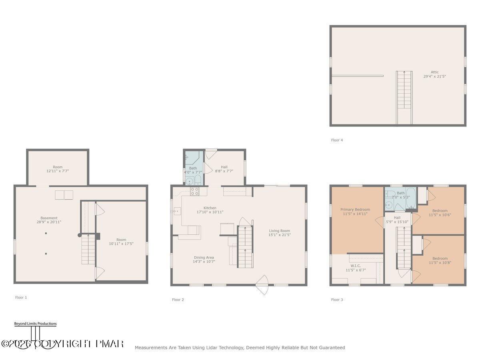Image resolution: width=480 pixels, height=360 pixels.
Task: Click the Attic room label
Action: pyautogui.click(x=434, y=72)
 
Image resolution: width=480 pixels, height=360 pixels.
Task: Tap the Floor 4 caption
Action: pyautogui.click(x=337, y=140)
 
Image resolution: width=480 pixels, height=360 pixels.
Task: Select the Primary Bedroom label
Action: pyautogui.click(x=355, y=209)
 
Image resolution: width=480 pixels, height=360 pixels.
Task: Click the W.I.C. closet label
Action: pyautogui.click(x=356, y=265)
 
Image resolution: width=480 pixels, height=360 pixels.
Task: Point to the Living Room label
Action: pyautogui.click(x=279, y=230)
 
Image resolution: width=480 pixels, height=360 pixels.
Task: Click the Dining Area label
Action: pyautogui.click(x=204, y=258)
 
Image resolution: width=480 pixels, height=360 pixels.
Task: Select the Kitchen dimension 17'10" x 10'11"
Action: pyautogui.click(x=210, y=212)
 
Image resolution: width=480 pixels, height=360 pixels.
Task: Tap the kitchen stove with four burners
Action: pyautogui.click(x=194, y=191)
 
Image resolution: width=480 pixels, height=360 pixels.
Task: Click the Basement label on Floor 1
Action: pyautogui.click(x=49, y=218)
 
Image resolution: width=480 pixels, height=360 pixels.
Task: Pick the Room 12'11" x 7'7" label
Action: pyautogui.click(x=58, y=167)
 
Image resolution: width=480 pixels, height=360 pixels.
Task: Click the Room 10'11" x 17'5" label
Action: pyautogui.click(x=121, y=240)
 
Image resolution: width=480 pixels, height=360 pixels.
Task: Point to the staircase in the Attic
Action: pyautogui.click(x=404, y=97)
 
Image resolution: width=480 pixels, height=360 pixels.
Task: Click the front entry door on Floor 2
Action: pyautogui.click(x=262, y=285)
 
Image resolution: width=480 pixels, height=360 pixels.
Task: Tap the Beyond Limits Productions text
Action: pyautogui.click(x=35, y=324)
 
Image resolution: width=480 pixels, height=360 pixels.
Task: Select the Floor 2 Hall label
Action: pyautogui.click(x=224, y=167)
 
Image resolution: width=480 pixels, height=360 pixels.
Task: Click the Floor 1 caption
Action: pyautogui.click(x=21, y=298)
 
